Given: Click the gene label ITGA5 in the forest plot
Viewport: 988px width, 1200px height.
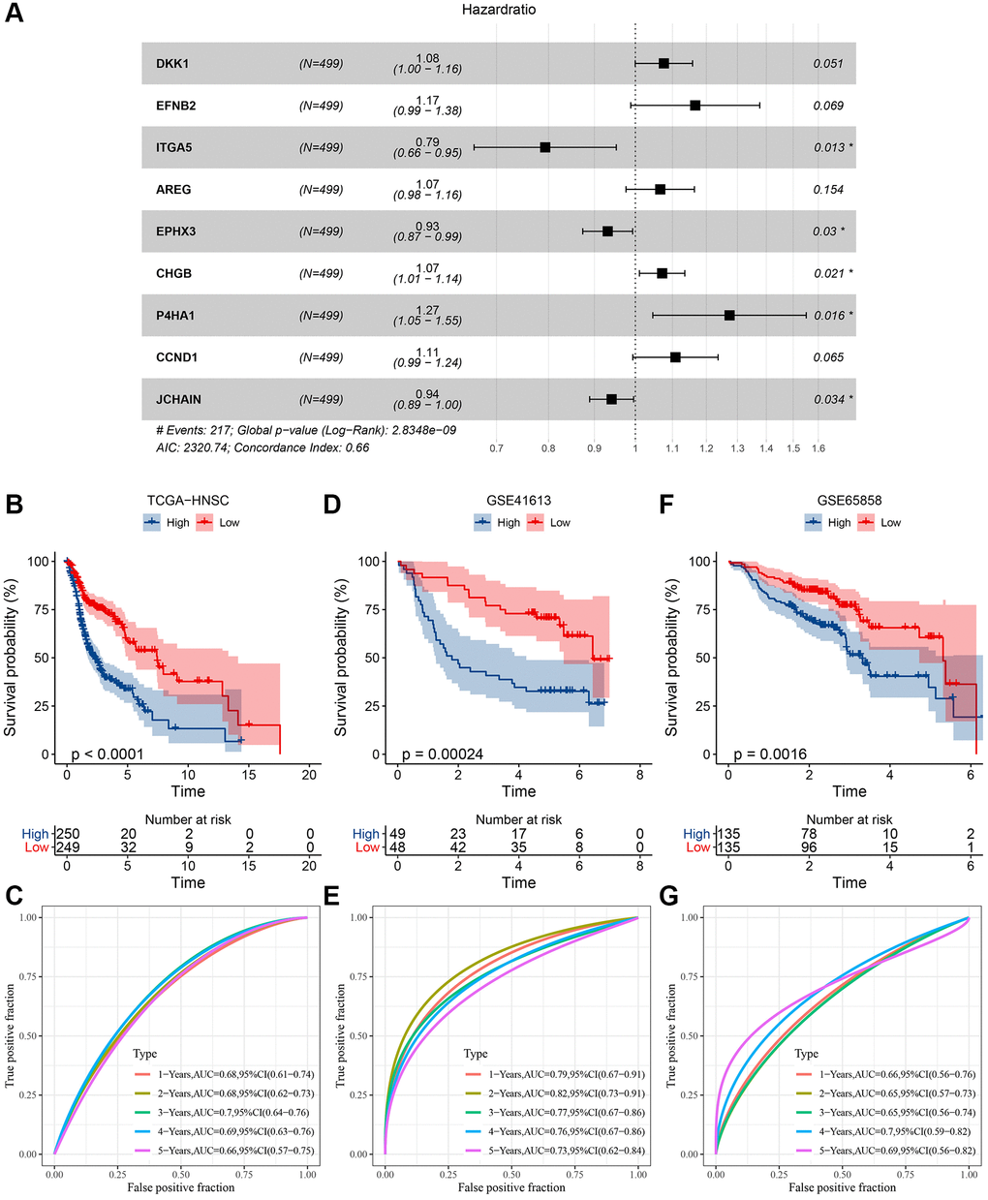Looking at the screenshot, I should coord(174,147).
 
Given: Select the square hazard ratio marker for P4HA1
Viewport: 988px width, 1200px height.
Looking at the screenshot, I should coord(729,315).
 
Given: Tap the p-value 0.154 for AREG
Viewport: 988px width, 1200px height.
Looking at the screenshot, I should coord(828,190).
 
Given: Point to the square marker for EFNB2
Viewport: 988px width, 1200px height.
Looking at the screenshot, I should coord(695,105).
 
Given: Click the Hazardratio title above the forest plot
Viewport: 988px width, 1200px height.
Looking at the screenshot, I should coord(498,10).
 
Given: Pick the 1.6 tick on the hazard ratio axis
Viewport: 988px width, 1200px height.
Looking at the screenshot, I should coord(818,448).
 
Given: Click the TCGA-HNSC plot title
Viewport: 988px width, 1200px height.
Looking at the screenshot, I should coord(188,501).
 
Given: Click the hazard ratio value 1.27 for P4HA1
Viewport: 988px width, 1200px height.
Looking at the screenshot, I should coord(427,310).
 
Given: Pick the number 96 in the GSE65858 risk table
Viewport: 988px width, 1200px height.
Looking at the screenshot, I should coord(810,847).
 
